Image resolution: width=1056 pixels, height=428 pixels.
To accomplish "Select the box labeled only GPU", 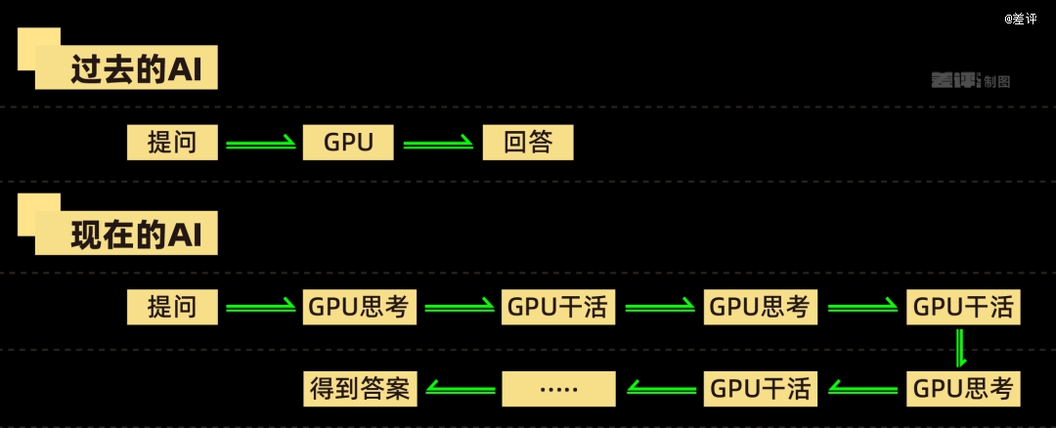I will (349, 143).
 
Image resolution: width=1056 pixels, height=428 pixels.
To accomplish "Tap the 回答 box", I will (528, 143).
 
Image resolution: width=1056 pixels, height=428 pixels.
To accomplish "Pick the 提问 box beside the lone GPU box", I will (172, 143).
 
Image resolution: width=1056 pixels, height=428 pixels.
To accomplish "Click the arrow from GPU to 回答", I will (438, 144).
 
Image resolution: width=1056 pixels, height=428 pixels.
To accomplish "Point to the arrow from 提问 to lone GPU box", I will (260, 144).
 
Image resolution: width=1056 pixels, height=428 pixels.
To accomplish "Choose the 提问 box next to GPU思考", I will (172, 307).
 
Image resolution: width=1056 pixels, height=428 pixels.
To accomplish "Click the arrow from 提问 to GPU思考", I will (260, 308).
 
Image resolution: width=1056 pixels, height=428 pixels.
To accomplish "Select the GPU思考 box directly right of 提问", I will (359, 307).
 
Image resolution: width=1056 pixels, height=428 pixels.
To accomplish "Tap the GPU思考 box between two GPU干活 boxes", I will (760, 307).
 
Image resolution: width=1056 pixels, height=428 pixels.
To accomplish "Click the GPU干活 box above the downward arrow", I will (963, 307).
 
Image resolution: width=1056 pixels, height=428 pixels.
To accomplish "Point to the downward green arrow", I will (961, 348).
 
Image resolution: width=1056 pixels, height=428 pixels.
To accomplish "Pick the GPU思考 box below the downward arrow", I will (963, 389).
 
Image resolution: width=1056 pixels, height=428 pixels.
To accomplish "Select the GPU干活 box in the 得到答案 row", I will (760, 389).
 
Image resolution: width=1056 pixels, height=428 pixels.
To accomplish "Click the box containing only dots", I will (558, 389).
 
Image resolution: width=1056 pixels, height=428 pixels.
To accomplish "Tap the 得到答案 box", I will (359, 389).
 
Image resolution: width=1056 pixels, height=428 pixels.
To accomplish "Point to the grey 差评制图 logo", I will (969, 81).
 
